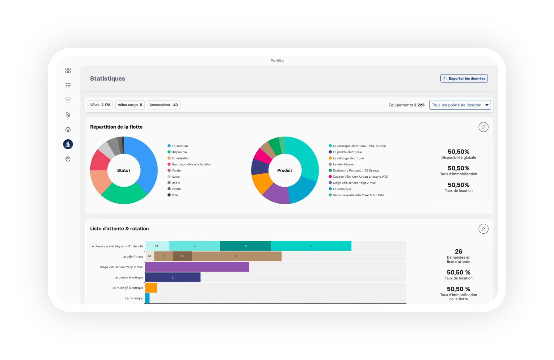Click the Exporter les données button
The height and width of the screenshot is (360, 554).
[464, 78]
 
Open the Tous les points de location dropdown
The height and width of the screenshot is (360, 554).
[460, 105]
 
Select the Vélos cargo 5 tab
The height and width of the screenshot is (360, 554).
[130, 105]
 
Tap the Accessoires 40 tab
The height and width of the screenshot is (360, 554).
[163, 105]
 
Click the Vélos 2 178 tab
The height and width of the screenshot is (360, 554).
[100, 105]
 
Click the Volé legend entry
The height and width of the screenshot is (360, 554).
[173, 195]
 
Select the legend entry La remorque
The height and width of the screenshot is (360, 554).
[340, 189]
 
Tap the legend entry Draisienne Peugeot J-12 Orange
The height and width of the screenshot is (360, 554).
[354, 171]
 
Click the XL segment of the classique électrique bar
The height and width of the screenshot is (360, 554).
[245, 246]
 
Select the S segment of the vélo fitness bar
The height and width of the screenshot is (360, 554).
[163, 256]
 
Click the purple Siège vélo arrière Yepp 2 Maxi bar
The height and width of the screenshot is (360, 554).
[197, 267]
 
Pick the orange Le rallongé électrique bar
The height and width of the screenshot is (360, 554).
[151, 287]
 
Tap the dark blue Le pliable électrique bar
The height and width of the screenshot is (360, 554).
[173, 277]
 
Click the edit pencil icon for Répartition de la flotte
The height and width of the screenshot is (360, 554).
[483, 127]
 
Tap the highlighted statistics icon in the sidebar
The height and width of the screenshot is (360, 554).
[68, 144]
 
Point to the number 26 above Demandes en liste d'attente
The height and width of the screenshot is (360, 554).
[458, 252]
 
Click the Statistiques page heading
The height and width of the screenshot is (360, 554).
[108, 78]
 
